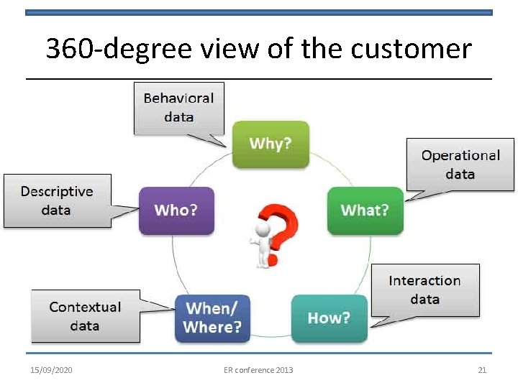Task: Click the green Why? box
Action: click(x=271, y=144)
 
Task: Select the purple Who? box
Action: click(x=176, y=210)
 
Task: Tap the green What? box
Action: click(x=365, y=210)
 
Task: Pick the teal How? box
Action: click(x=329, y=318)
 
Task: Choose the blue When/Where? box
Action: click(x=212, y=318)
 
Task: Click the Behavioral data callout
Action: click(x=178, y=107)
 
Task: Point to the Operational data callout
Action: click(x=460, y=165)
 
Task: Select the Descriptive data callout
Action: click(x=57, y=200)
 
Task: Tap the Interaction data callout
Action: click(x=424, y=290)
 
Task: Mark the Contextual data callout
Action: click(x=85, y=316)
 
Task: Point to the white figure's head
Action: click(x=262, y=228)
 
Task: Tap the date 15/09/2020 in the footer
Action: click(x=51, y=370)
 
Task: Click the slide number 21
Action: click(x=483, y=370)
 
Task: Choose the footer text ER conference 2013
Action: click(x=258, y=370)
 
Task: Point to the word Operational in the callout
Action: click(x=460, y=155)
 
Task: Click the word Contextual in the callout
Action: click(x=85, y=307)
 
